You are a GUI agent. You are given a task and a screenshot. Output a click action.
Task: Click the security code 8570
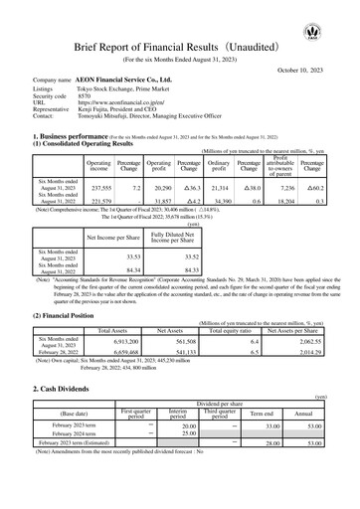coord(85,95)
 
